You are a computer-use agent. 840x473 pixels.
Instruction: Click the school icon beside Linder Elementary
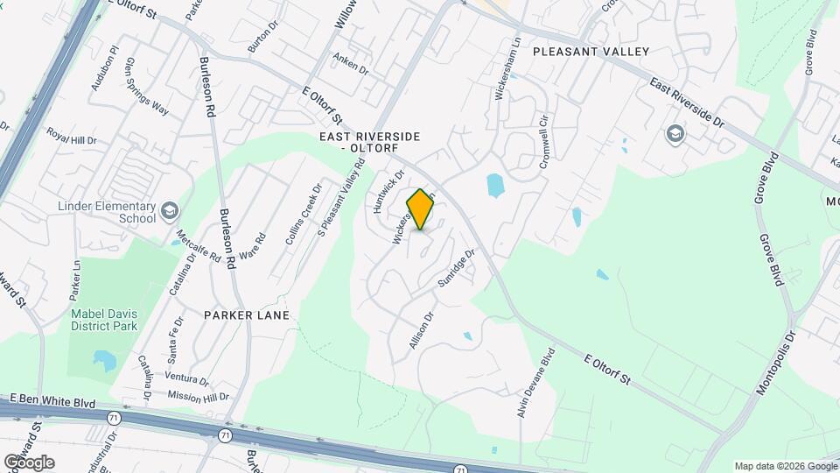click(x=169, y=211)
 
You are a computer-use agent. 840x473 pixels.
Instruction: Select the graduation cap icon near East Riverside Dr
click(x=675, y=134)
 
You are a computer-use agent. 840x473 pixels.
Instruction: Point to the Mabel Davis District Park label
click(x=103, y=320)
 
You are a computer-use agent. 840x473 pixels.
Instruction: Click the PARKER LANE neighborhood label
click(x=246, y=314)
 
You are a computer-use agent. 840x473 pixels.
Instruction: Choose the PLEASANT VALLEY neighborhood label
click(x=591, y=52)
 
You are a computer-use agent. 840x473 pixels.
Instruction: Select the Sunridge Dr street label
click(x=456, y=270)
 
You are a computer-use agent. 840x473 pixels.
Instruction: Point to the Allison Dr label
click(x=421, y=332)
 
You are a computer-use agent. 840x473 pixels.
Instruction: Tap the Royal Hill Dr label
click(x=71, y=138)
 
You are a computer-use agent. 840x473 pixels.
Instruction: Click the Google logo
click(x=29, y=462)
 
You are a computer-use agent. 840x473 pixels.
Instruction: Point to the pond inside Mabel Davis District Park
click(x=103, y=359)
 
